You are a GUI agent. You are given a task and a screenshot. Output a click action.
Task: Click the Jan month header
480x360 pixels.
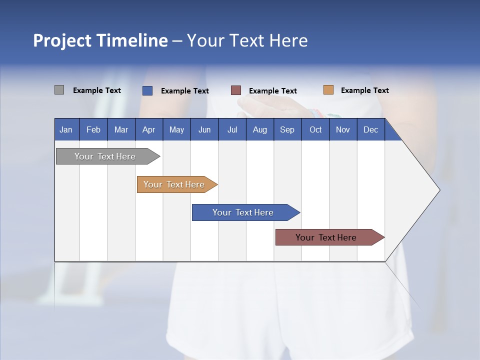coord(66,129)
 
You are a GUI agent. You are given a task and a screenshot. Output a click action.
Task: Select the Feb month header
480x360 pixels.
coord(93,129)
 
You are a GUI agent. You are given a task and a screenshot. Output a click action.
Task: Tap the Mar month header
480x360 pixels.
coord(121,129)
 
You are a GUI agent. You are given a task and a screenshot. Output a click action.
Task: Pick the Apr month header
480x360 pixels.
coord(148,129)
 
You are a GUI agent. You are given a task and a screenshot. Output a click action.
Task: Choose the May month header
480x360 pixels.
coord(176,129)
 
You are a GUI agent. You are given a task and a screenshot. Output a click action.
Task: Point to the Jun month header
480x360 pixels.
coord(204,129)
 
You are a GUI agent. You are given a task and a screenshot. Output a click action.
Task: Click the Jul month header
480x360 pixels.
coord(232,129)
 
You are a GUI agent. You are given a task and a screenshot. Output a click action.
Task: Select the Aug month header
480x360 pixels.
coord(259,129)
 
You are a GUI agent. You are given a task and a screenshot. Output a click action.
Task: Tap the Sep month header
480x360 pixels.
coord(287,129)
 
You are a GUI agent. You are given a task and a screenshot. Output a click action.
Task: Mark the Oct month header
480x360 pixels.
coord(315,129)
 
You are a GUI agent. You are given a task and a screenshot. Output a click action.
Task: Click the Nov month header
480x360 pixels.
coord(343,129)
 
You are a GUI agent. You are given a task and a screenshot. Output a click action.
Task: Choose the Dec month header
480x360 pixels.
coord(370,129)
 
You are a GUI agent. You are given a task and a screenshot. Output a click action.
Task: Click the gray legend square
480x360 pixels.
coord(59,90)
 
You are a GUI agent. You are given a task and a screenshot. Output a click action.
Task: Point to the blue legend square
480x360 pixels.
coord(147,90)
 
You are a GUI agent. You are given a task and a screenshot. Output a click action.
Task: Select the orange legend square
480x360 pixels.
coord(328,90)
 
